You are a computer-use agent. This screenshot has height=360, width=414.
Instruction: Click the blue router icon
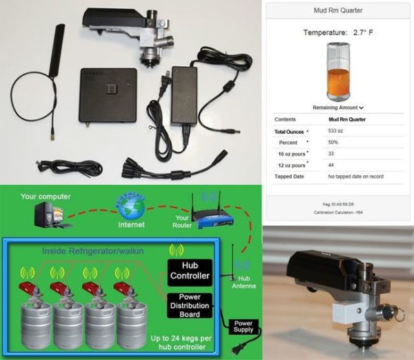coord(207,210)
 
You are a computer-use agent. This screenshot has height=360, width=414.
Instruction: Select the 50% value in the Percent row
coord(334,142)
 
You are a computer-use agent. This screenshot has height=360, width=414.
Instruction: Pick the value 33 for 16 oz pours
coord(332,153)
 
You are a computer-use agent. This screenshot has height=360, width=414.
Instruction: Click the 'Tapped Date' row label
coord(289,176)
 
